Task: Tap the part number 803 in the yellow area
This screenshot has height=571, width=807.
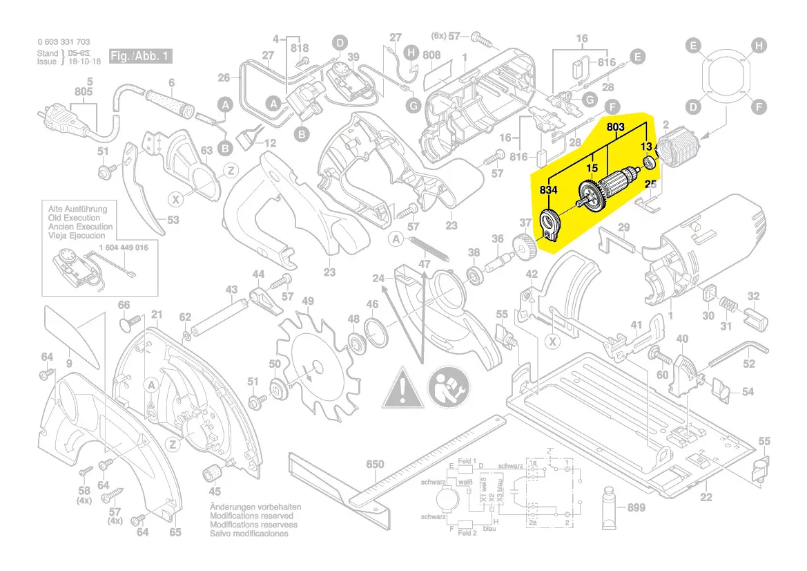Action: (x=616, y=127)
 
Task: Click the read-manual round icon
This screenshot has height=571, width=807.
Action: (x=448, y=388)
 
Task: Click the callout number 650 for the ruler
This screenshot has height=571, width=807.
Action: (x=374, y=465)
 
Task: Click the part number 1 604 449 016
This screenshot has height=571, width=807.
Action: (x=124, y=247)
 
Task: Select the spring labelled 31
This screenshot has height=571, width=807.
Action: (x=726, y=305)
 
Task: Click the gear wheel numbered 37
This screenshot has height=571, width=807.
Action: (x=525, y=246)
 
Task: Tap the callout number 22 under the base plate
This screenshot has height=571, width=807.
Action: (x=706, y=498)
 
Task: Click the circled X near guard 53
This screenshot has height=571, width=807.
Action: (x=177, y=200)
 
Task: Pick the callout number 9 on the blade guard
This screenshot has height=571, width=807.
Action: (x=69, y=362)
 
